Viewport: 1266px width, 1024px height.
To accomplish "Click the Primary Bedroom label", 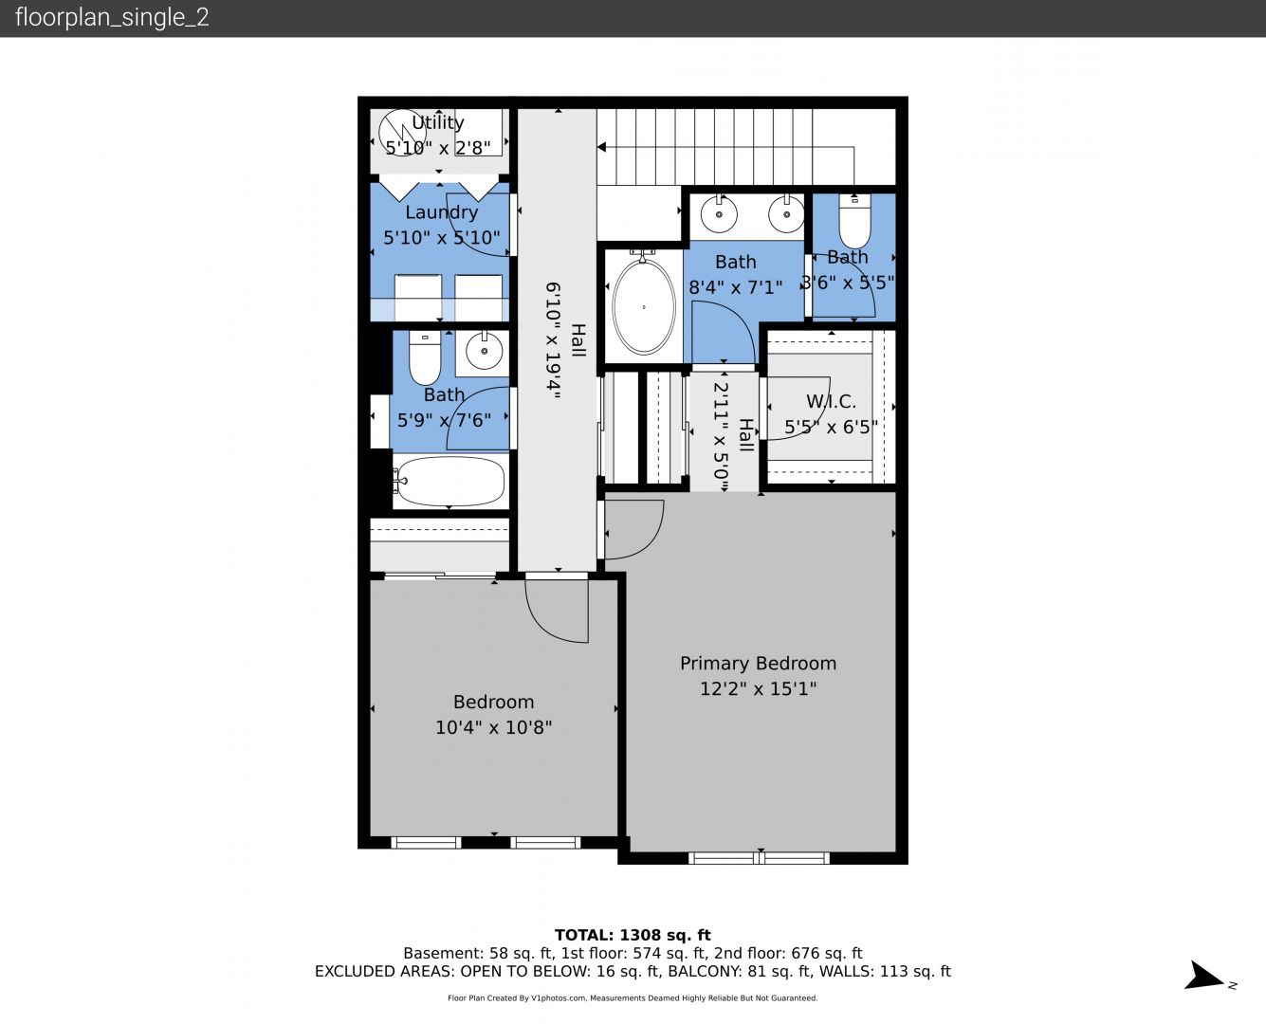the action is coord(758,664).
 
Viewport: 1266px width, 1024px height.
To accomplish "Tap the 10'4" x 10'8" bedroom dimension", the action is coord(493,727).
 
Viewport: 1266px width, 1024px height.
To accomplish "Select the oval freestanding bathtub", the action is coord(644,306).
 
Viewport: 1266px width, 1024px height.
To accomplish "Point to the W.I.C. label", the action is coord(831,401).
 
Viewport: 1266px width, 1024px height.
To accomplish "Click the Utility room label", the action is coord(438,122).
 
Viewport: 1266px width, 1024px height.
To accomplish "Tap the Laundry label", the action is coord(442,212).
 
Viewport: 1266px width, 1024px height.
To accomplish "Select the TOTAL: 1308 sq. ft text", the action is coord(633,935).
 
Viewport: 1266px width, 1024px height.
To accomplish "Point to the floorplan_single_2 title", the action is coord(112,17).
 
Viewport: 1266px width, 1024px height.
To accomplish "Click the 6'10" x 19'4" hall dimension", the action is coord(554,340).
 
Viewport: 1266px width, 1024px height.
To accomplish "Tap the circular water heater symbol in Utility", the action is coord(402,133).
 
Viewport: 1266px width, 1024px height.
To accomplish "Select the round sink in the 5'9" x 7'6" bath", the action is coord(485,351).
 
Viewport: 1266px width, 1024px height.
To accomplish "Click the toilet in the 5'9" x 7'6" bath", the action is coord(425,357).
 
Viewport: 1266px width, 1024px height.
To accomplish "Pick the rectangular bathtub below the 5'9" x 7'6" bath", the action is coord(450,481).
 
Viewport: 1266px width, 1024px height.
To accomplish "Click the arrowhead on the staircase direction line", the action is coord(601,147).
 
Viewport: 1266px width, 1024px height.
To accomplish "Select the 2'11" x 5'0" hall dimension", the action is coord(721,437).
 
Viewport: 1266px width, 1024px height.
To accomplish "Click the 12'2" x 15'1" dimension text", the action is coord(758,688).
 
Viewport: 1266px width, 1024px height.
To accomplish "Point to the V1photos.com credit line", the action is coord(633,997).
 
